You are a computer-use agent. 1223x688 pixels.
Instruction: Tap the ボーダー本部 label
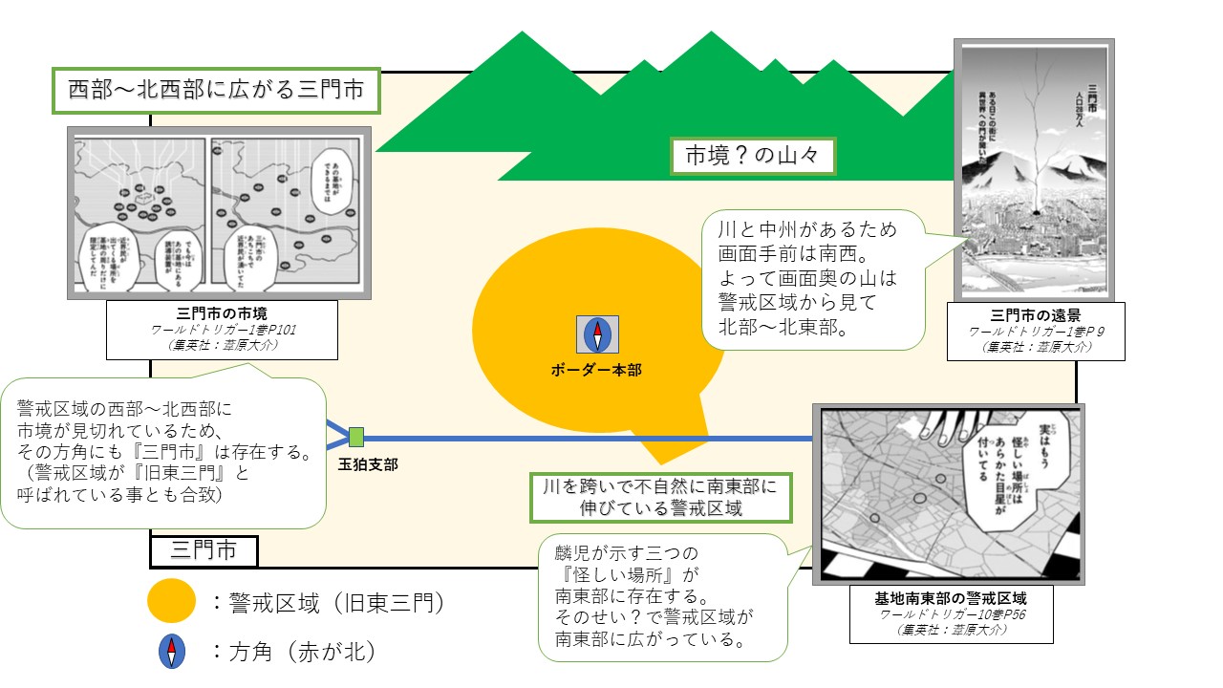[x=597, y=369]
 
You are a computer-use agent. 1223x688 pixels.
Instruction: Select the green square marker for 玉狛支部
[x=356, y=438]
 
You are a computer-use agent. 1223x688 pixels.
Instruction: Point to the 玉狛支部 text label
[x=368, y=465]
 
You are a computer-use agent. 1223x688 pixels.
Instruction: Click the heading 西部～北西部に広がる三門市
[x=217, y=91]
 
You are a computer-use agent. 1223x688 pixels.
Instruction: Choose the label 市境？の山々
[x=753, y=156]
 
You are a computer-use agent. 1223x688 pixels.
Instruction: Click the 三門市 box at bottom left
[x=204, y=550]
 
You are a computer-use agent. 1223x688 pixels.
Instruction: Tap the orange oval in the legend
[x=172, y=602]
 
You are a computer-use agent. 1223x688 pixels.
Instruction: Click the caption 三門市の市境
[x=221, y=312]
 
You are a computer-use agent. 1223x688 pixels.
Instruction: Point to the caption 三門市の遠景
[x=1036, y=315]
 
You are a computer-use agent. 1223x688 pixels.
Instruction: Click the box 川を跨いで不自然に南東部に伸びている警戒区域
[x=661, y=497]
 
